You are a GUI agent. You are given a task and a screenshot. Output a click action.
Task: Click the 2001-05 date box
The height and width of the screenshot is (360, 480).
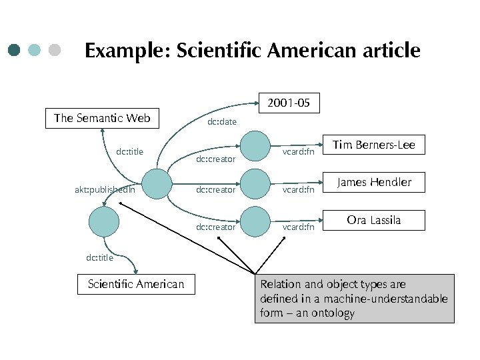(289, 103)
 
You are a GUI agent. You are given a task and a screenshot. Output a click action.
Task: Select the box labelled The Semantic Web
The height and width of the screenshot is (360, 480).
(102, 119)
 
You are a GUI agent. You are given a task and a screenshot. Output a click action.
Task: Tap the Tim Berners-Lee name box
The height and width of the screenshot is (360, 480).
(373, 145)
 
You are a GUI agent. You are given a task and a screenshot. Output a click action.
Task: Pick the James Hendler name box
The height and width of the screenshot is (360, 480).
(374, 182)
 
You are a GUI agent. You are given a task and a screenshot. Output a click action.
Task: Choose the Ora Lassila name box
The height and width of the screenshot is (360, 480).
(374, 220)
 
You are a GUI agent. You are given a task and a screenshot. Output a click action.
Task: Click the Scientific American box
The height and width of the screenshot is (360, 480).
(136, 285)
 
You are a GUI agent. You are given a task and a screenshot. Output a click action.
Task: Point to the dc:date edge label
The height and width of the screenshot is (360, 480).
(222, 122)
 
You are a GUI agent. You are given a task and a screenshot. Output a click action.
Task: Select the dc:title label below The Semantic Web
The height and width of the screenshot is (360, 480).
(129, 152)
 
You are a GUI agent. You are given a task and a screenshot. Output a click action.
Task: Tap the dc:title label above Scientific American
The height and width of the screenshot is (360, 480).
(100, 257)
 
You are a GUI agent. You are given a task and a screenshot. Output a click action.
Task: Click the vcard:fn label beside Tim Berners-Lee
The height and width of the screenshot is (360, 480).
(298, 152)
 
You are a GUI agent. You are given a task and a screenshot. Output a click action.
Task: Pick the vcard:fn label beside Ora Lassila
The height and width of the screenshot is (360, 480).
(298, 227)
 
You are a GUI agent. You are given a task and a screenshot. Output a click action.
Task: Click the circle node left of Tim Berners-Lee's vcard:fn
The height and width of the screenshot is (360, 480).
(255, 145)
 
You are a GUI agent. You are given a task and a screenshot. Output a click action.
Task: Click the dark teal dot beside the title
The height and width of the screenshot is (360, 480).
(15, 50)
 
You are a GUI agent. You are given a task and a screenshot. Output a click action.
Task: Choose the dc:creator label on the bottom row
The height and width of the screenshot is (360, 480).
(215, 227)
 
